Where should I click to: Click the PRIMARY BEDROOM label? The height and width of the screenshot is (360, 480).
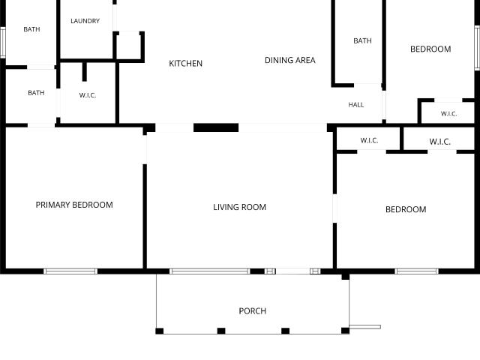click(74, 205)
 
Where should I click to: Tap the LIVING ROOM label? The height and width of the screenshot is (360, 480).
click(240, 207)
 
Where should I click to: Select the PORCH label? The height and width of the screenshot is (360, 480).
click(253, 311)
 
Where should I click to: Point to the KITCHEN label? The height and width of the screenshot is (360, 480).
click(185, 63)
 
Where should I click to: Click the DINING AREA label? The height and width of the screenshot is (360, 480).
click(290, 60)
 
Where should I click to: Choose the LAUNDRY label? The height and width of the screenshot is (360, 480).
click(85, 21)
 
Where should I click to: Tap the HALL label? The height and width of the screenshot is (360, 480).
click(356, 105)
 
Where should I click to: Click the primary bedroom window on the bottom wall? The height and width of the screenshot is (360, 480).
click(70, 271)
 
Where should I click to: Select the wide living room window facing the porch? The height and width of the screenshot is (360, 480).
click(210, 271)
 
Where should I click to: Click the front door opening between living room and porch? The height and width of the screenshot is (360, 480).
click(292, 271)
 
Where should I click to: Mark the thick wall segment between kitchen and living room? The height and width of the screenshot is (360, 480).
click(216, 127)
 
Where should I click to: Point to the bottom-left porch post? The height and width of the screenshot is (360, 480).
click(160, 331)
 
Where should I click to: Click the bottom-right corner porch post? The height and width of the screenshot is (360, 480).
click(345, 331)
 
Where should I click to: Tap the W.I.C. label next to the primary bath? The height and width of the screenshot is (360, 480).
click(88, 95)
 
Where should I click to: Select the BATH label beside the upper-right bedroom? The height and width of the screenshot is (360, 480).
click(362, 40)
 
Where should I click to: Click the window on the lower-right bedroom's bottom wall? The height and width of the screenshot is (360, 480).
click(417, 271)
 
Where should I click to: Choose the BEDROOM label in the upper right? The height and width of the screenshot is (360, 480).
click(430, 49)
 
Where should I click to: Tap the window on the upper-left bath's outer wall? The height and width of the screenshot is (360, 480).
click(3, 42)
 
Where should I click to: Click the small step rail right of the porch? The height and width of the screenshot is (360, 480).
click(365, 327)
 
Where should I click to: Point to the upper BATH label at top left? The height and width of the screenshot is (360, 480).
click(31, 29)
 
